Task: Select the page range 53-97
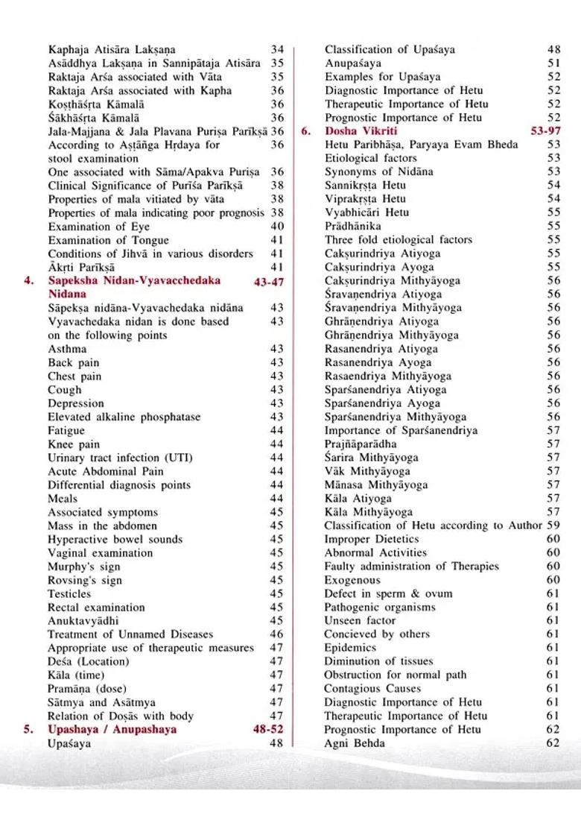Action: tap(542, 131)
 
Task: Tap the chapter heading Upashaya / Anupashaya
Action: tap(112, 730)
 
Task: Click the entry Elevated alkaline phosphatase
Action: tap(124, 417)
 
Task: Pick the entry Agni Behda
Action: tap(355, 743)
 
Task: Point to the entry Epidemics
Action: tap(350, 649)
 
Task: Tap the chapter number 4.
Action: tap(28, 281)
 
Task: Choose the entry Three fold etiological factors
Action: tap(398, 240)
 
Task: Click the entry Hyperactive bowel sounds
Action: tap(115, 539)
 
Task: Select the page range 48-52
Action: tap(268, 730)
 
